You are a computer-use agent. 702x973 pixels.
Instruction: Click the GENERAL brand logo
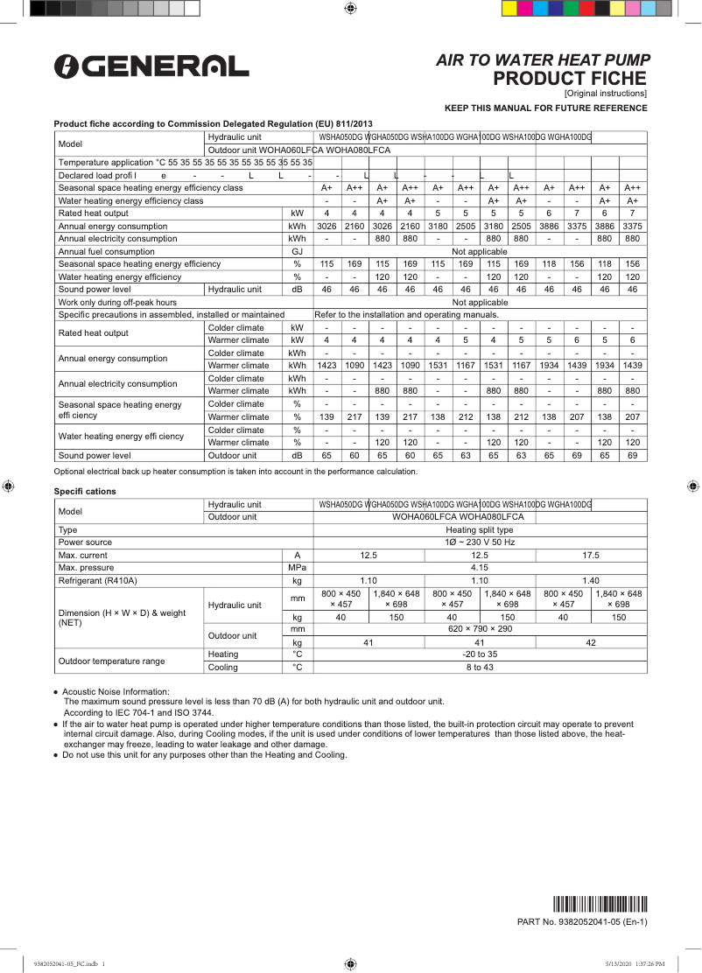click(x=151, y=66)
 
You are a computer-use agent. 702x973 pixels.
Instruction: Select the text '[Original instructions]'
click(x=606, y=93)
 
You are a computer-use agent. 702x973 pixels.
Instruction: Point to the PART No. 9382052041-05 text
click(x=582, y=921)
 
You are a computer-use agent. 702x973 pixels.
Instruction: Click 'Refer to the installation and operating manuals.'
click(x=406, y=314)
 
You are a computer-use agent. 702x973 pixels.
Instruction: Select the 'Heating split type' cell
click(x=480, y=530)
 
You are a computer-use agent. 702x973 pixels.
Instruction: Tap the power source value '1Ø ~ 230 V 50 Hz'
click(x=480, y=542)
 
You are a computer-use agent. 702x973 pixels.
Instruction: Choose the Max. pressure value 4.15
click(x=480, y=568)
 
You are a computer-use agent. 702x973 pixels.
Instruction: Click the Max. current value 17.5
click(x=591, y=556)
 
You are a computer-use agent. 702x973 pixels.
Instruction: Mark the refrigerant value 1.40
click(x=591, y=580)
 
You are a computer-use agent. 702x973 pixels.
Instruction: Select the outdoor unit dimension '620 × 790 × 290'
click(x=480, y=629)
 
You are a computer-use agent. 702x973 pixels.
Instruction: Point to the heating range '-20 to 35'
click(x=480, y=654)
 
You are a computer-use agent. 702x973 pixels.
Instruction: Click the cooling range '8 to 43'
click(x=480, y=667)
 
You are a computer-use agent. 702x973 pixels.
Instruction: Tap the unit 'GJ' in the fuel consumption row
click(x=298, y=251)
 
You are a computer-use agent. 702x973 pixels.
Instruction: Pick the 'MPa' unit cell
click(x=298, y=568)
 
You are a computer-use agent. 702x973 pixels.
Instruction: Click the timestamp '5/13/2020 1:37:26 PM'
click(x=635, y=963)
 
